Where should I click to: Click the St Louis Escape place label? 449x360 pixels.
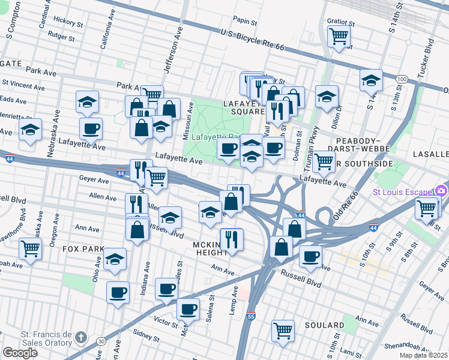click(403, 192)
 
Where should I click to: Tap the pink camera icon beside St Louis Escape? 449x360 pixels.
click(442, 191)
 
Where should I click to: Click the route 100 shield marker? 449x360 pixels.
click(402, 79)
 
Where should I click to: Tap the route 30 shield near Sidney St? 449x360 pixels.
click(101, 341)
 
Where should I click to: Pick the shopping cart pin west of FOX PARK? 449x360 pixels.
click(29, 248)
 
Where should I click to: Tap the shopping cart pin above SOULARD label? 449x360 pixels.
click(283, 329)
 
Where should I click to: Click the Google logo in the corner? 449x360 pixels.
click(20, 352)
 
